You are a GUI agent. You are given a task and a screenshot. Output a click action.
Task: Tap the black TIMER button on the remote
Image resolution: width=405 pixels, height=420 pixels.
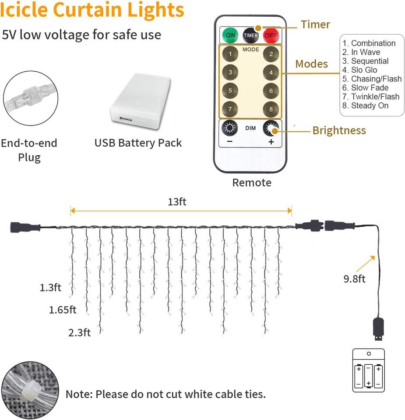coord(250,35)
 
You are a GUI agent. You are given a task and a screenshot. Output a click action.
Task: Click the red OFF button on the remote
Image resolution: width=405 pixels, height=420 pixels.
coord(271,35)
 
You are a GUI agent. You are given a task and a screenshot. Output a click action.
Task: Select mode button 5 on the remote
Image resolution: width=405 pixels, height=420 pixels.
coord(230,91)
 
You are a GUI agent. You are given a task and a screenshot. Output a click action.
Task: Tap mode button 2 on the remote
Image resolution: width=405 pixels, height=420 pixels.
coord(271,54)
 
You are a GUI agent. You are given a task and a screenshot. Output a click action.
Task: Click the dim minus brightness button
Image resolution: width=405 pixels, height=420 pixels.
coord(230,128)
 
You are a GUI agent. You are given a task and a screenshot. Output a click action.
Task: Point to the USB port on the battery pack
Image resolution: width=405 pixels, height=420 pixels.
coord(125,119)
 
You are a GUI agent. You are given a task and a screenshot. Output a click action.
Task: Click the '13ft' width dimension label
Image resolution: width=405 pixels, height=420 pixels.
coord(177,202)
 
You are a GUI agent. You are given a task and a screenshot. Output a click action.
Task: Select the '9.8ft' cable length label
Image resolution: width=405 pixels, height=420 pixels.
coord(354,279)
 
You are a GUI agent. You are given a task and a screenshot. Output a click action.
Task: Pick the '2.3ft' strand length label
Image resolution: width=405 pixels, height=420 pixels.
coord(79,332)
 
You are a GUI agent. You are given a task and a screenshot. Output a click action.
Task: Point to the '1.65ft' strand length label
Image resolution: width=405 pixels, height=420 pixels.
coord(63,310)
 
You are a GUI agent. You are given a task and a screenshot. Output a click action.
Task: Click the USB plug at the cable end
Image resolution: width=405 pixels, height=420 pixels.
coord(378,329)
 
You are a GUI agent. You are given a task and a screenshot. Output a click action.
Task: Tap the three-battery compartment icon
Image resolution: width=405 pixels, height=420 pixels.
coord(369,371)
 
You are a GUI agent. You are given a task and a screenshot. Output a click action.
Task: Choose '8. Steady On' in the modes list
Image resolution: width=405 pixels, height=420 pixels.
coord(365,105)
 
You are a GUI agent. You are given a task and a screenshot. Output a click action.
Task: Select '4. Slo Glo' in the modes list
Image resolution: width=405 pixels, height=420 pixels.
coord(360,70)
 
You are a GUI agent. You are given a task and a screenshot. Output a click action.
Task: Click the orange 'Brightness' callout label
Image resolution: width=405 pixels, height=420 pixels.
coord(339,130)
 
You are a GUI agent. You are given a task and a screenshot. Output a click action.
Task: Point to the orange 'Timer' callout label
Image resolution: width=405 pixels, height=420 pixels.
coord(316,24)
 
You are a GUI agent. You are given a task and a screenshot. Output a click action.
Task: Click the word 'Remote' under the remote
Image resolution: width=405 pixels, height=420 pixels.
coord(252,183)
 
